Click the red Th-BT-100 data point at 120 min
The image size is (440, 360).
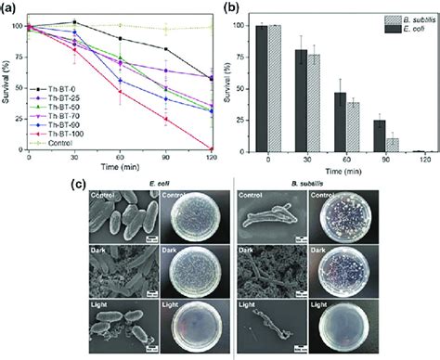tap(212, 148)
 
